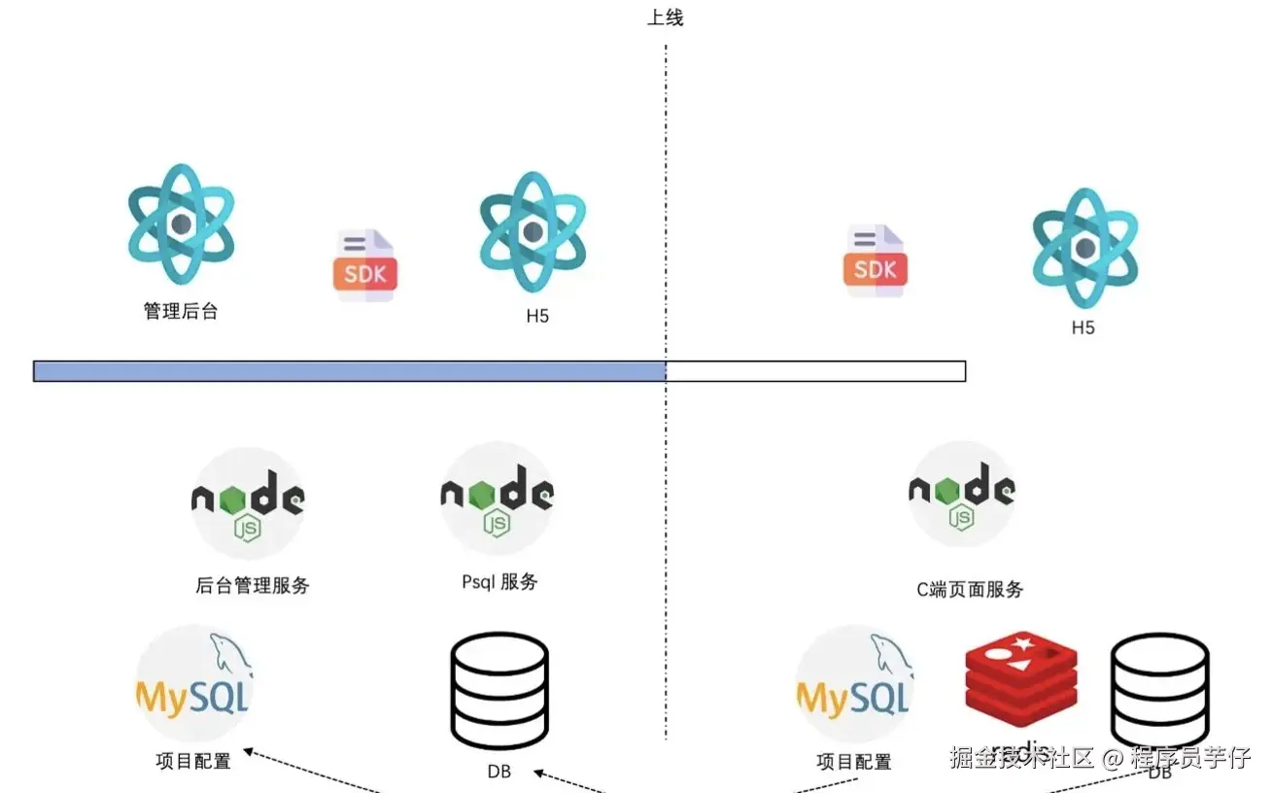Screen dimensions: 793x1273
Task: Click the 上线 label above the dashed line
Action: (666, 17)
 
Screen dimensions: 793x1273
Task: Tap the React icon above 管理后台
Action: (181, 224)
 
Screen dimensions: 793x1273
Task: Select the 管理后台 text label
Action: (181, 311)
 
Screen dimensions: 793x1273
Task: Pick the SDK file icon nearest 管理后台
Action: (365, 265)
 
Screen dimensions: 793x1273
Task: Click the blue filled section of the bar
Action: (349, 370)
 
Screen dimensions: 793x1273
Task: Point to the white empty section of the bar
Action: (816, 370)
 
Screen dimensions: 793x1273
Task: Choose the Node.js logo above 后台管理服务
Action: (249, 501)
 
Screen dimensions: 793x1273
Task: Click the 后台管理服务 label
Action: (253, 585)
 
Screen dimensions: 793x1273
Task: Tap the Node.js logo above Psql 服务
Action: (498, 498)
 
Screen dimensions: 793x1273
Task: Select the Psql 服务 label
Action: (499, 582)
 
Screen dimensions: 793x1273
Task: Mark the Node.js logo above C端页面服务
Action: (962, 496)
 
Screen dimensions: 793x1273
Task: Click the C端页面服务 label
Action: (970, 589)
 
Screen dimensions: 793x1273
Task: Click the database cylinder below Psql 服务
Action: (499, 690)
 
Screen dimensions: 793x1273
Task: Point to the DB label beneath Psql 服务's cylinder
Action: (499, 773)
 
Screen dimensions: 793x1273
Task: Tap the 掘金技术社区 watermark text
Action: (1021, 757)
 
